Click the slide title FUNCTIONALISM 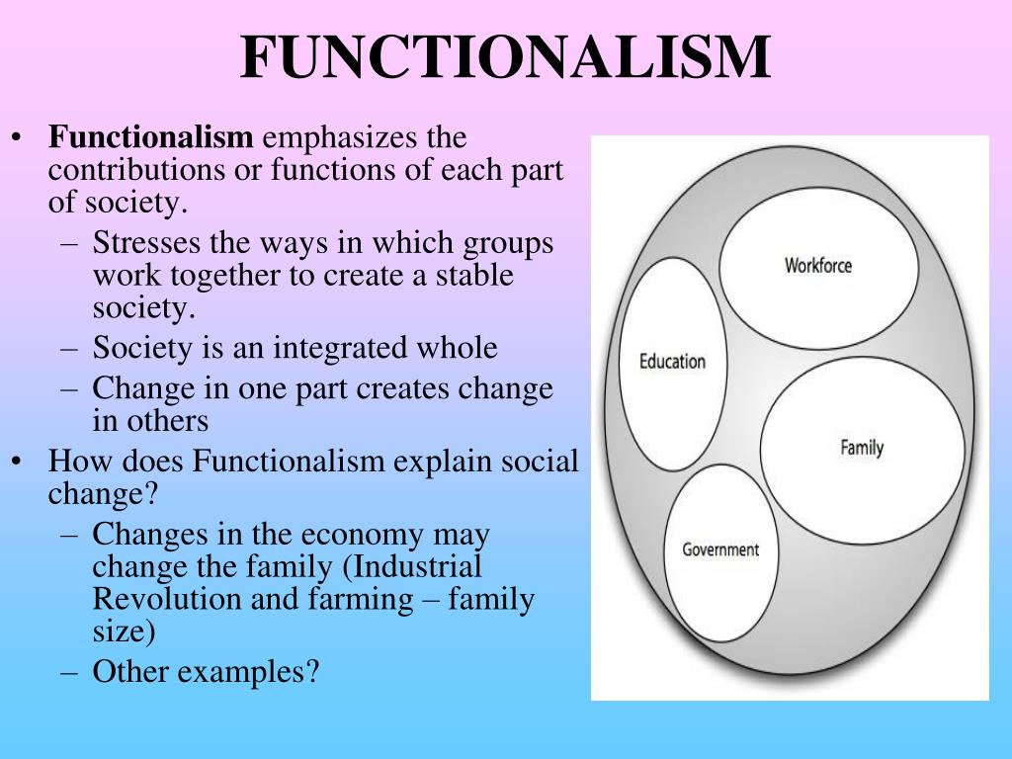pyautogui.click(x=505, y=58)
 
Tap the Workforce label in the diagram pyautogui.click(x=817, y=266)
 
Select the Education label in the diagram pyautogui.click(x=672, y=362)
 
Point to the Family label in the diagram pyautogui.click(x=862, y=448)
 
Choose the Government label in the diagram pyautogui.click(x=720, y=549)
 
